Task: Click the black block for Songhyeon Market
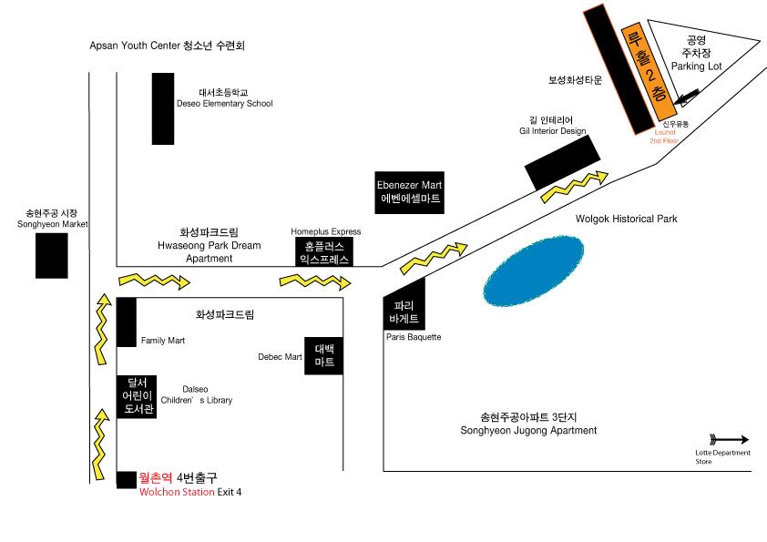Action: point(52,256)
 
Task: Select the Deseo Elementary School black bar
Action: point(163,108)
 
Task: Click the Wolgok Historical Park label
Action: point(627,219)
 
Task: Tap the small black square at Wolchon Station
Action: point(127,479)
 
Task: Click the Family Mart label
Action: point(163,342)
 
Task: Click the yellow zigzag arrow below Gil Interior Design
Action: point(574,185)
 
